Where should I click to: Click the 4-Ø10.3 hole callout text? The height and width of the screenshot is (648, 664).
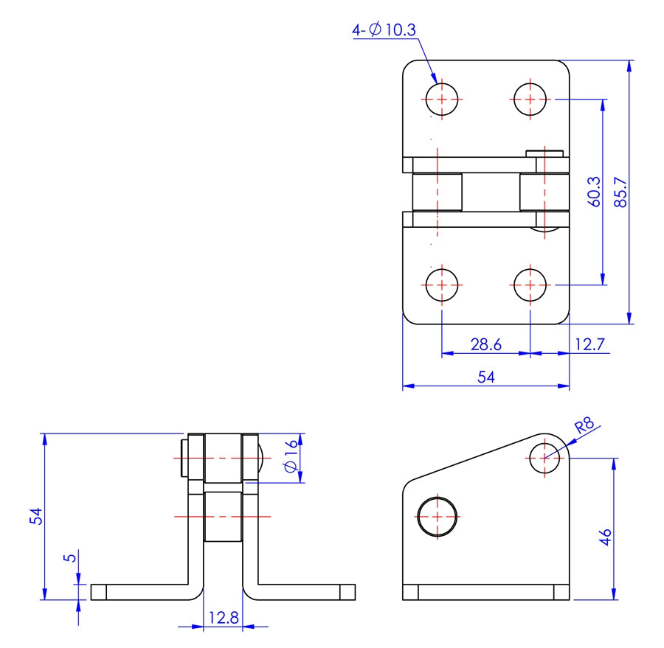[x=384, y=29]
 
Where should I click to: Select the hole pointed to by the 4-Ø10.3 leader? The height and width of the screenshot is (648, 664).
[x=442, y=99]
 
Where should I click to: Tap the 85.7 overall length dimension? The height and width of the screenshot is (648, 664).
[x=620, y=192]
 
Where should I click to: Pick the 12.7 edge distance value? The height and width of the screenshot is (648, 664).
[x=590, y=344]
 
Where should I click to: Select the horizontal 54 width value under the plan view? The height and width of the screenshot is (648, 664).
[x=485, y=377]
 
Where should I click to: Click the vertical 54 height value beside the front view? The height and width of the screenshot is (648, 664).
[x=35, y=516]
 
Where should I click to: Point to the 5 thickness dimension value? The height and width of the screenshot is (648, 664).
[x=70, y=558]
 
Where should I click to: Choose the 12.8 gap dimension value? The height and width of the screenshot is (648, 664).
[x=223, y=618]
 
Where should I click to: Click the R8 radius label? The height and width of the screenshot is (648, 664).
[x=584, y=425]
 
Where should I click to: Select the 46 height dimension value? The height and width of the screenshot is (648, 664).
[x=605, y=537]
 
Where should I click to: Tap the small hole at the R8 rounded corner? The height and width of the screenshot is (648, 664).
[x=544, y=458]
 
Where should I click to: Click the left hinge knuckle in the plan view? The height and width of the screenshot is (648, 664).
[x=437, y=192]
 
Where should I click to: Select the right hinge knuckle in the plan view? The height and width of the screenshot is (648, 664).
[x=544, y=192]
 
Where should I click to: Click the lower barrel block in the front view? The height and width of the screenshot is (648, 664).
[x=223, y=516]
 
